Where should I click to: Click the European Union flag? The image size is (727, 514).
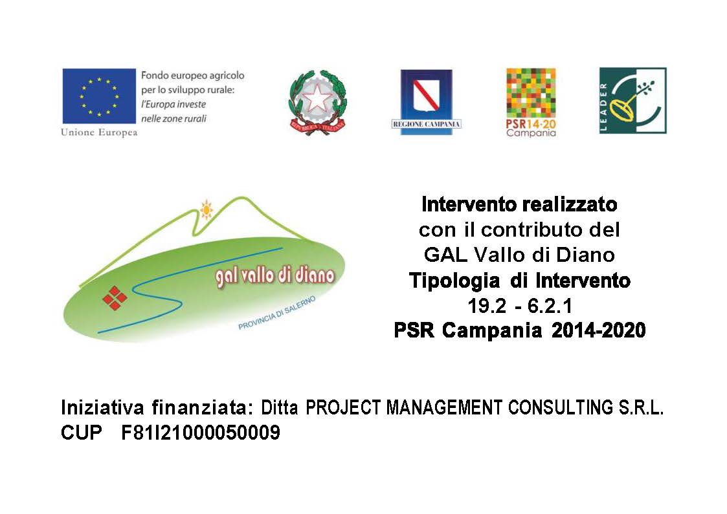click(x=99, y=96)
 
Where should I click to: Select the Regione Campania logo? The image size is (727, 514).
click(x=426, y=102)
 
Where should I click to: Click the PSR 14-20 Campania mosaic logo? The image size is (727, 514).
click(x=531, y=103)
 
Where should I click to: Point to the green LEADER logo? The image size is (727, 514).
click(x=633, y=100)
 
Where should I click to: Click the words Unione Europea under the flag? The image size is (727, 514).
click(x=99, y=133)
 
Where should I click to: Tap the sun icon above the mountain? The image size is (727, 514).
click(x=206, y=209)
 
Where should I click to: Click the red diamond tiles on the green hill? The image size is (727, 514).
click(x=115, y=298)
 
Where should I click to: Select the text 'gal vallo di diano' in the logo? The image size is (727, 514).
click(x=275, y=277)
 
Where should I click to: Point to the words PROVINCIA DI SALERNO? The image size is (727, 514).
click(x=277, y=313)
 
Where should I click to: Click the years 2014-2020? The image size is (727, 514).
click(x=599, y=330)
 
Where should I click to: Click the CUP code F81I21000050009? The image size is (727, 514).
click(x=201, y=433)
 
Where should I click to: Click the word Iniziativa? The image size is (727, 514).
click(x=102, y=407)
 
